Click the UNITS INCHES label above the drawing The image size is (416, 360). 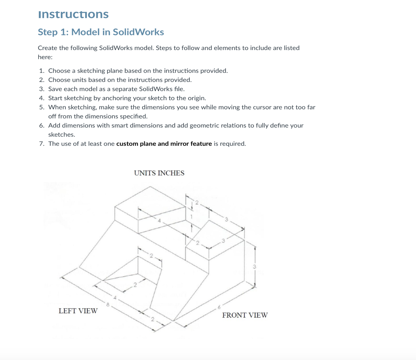pyautogui.click(x=159, y=173)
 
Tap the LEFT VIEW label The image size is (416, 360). pyautogui.click(x=78, y=311)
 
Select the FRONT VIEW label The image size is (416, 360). pyautogui.click(x=245, y=315)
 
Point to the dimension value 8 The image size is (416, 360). pyautogui.click(x=108, y=304)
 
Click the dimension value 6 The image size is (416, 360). pyautogui.click(x=219, y=307)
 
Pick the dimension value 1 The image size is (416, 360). pyautogui.click(x=191, y=217)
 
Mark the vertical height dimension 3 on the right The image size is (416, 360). pyautogui.click(x=254, y=266)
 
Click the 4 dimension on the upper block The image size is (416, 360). pyautogui.click(x=159, y=220)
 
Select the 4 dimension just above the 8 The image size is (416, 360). pyautogui.click(x=115, y=297)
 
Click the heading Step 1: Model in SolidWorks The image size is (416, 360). pyautogui.click(x=101, y=32)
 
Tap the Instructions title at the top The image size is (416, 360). pyautogui.click(x=73, y=14)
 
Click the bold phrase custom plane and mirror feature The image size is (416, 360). pyautogui.click(x=164, y=144)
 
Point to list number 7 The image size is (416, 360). pyautogui.click(x=42, y=144)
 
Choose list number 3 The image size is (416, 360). pyautogui.click(x=42, y=89)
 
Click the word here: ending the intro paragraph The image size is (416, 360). pyautogui.click(x=45, y=57)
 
